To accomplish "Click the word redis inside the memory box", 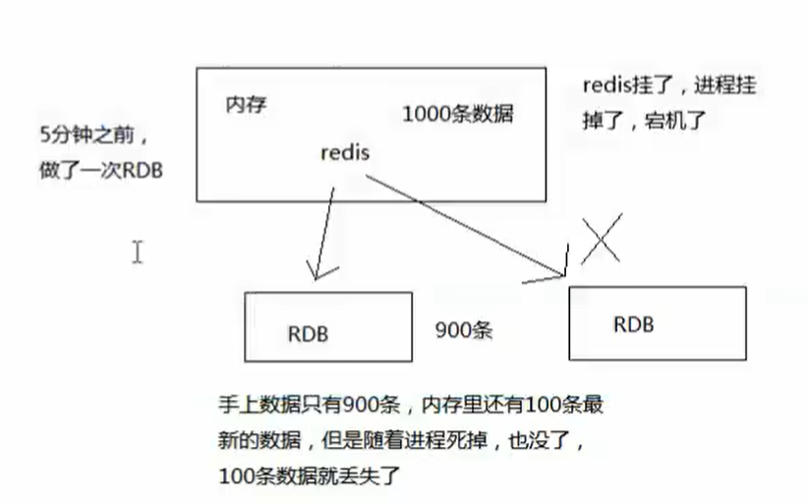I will (x=346, y=153).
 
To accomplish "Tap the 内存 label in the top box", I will (x=247, y=103).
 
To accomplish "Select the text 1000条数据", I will (x=457, y=114).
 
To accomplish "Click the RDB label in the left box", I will (x=308, y=333).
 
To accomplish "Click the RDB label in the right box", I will (x=634, y=324).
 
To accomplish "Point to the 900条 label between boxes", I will (x=463, y=331).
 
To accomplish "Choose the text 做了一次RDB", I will (x=96, y=168).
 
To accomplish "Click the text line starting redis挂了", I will (x=668, y=85).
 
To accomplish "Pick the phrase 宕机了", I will (x=681, y=121).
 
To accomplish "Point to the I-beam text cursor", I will (x=138, y=252).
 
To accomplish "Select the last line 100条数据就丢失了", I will (x=312, y=476).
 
